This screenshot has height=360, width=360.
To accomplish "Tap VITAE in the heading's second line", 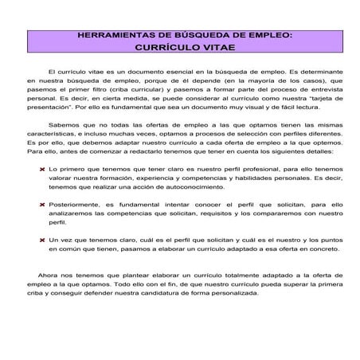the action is point(212,47).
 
